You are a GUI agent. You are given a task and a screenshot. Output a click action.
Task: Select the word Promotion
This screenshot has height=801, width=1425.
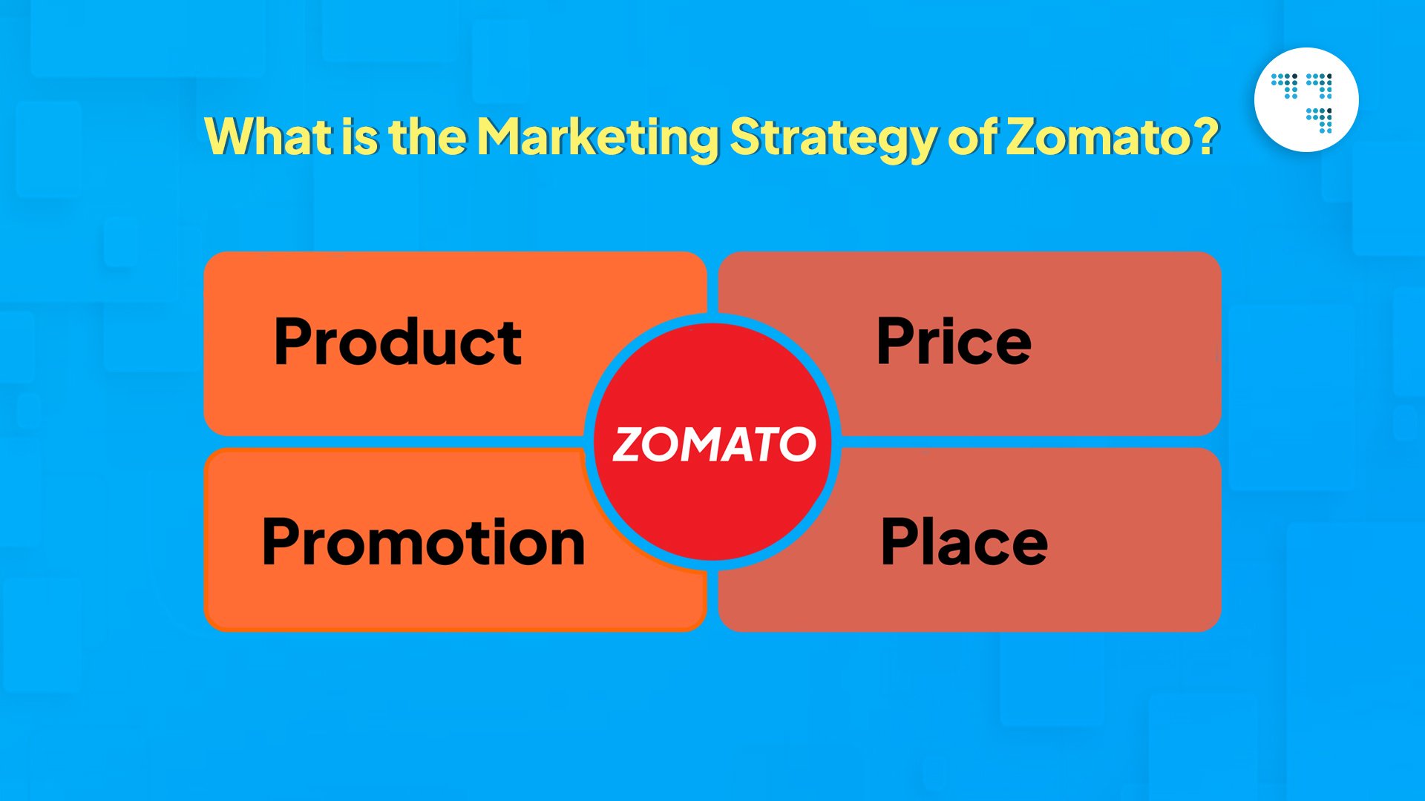pyautogui.click(x=424, y=541)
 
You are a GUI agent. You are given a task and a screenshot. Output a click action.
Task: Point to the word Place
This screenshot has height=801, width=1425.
pyautogui.click(x=964, y=541)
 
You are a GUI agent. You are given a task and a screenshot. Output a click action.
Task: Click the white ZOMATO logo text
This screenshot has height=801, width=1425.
pyautogui.click(x=714, y=444)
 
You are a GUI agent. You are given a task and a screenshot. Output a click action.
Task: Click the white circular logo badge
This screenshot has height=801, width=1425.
pyautogui.click(x=1306, y=100)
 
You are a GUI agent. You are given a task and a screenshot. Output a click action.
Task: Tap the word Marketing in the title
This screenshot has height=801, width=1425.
pyautogui.click(x=597, y=138)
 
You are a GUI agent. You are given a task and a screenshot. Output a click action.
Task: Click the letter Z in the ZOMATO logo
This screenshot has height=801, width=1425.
pyautogui.click(x=629, y=444)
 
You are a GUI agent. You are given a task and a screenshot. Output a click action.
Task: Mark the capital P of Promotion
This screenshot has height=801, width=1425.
pyautogui.click(x=283, y=541)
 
